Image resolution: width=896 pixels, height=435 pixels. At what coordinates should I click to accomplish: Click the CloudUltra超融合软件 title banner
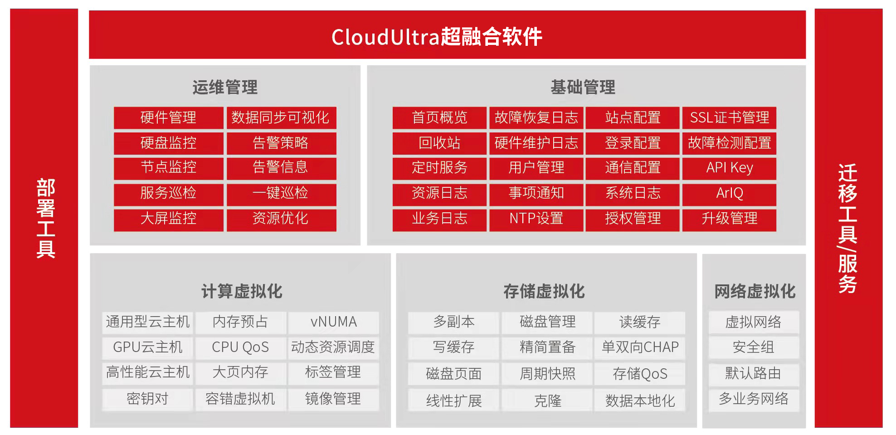coord(447,35)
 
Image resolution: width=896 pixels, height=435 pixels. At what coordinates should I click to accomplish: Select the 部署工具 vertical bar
coord(44,218)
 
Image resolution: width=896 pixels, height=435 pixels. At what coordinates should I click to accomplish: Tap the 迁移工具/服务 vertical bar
coord(848,218)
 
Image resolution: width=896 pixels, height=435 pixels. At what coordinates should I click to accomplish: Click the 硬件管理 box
coord(169,118)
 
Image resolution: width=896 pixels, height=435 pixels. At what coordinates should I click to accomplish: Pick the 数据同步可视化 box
coord(281,118)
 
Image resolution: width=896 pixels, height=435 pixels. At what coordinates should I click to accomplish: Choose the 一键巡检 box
coord(281,193)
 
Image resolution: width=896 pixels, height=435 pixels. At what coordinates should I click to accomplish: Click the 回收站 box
coord(439,143)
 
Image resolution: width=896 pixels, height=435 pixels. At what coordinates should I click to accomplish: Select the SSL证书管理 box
coord(729,118)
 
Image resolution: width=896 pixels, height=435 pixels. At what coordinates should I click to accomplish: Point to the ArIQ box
coord(729,193)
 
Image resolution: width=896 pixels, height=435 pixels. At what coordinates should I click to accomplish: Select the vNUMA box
coord(333,322)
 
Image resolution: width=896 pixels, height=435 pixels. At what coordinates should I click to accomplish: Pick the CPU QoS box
coord(240,347)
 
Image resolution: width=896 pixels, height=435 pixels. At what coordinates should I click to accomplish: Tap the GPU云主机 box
coord(147,347)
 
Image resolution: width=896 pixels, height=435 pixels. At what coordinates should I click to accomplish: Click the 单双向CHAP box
coord(640,347)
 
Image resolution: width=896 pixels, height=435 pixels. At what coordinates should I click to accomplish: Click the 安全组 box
coord(753,347)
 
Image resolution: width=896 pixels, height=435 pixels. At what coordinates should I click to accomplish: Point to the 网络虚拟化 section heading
coord(755,292)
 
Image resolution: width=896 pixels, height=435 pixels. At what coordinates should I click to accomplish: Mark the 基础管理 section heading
coord(583,87)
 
